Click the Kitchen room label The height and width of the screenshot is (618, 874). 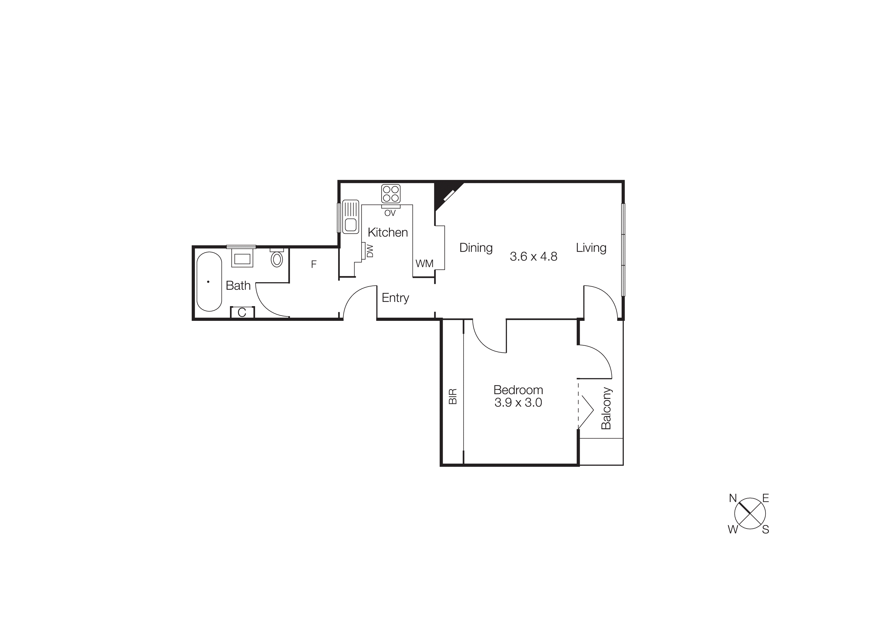(387, 232)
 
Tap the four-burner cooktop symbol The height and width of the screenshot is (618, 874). (391, 194)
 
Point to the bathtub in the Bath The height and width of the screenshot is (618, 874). (209, 281)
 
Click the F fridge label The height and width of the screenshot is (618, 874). (314, 264)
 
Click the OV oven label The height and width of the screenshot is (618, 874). (390, 213)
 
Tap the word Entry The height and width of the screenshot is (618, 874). (395, 298)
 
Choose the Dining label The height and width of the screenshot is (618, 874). (476, 248)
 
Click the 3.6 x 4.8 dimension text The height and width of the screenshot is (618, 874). (533, 257)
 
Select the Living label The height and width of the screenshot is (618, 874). (591, 248)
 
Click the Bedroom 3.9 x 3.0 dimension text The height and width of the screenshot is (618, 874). (518, 402)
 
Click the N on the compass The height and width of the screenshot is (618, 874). (733, 498)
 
